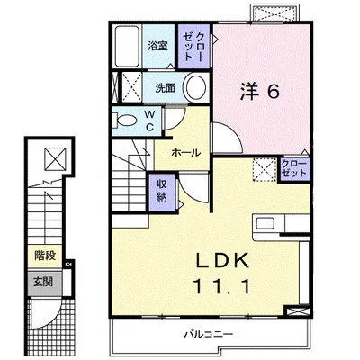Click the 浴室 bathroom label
click(157, 46)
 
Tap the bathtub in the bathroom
click(127, 46)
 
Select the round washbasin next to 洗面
click(196, 87)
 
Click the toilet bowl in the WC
click(127, 121)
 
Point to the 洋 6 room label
click(260, 92)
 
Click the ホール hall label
click(185, 153)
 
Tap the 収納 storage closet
click(162, 192)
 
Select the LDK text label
click(222, 260)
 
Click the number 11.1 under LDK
click(222, 286)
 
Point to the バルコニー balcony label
click(209, 334)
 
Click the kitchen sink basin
click(265, 224)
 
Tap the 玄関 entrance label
click(43, 282)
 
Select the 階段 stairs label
click(45, 256)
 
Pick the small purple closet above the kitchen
click(294, 169)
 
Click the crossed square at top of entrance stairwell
click(55, 158)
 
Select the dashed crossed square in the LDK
click(265, 170)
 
